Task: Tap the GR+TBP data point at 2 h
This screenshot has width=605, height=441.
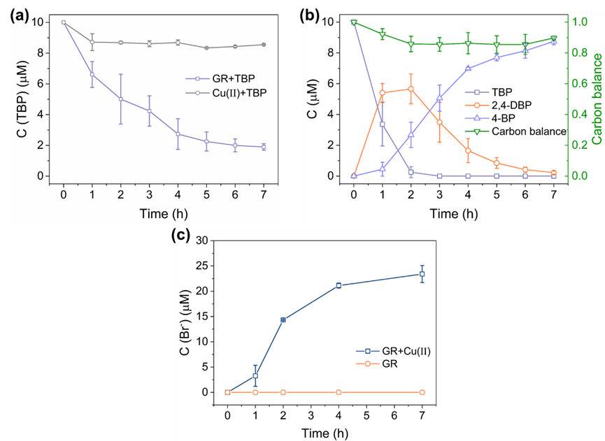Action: [x=120, y=99]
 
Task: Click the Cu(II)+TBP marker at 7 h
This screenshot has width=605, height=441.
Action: [x=263, y=45]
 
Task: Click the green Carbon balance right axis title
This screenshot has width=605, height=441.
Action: [x=597, y=98]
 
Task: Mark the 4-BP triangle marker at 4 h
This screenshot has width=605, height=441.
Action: [x=468, y=68]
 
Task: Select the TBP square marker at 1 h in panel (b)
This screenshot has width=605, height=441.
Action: [x=383, y=124]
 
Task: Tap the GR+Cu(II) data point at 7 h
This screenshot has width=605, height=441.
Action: [x=422, y=274]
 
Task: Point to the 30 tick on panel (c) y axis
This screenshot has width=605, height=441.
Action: [x=205, y=240]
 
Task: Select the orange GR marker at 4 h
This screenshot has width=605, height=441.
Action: [x=339, y=392]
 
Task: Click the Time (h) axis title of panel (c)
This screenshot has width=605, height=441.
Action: [x=324, y=433]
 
